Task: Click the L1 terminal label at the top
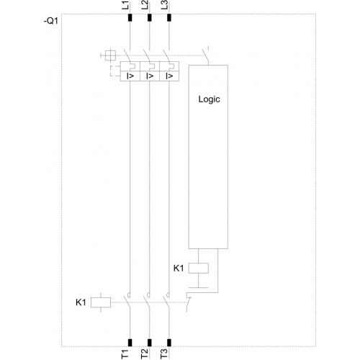[125, 5]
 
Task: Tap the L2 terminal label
[145, 5]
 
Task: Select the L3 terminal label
[164, 5]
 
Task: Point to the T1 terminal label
[125, 354]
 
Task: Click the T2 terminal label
[145, 354]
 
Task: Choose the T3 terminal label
[164, 354]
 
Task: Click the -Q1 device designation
[51, 21]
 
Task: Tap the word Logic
[209, 99]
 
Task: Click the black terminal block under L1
[130, 17]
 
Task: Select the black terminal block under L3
[169, 17]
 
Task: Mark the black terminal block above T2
[150, 343]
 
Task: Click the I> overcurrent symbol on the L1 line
[130, 76]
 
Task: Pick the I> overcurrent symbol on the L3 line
[169, 76]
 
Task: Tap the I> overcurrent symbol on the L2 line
[150, 76]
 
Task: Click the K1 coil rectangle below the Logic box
[199, 268]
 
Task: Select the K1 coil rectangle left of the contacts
[101, 302]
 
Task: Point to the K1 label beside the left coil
[81, 302]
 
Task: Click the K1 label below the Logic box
[179, 268]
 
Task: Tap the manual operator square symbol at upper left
[110, 55]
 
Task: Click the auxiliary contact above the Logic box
[206, 55]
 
